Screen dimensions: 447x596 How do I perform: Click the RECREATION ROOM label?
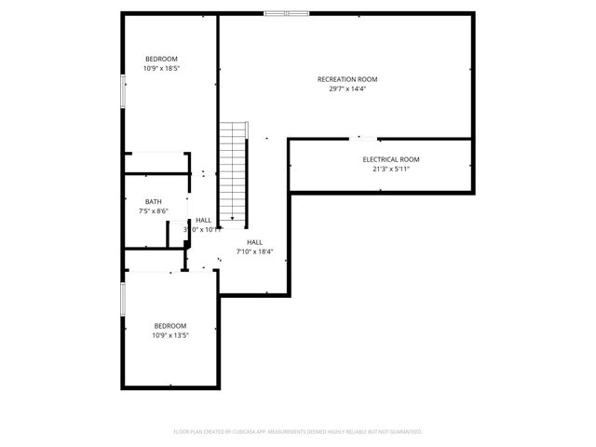(x=347, y=79)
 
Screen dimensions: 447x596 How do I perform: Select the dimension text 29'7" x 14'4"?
(x=347, y=89)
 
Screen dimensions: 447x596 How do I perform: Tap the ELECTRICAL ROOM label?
(x=391, y=159)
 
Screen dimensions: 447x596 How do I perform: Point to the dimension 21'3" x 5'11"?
(x=391, y=169)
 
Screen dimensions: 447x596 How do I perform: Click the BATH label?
(x=153, y=202)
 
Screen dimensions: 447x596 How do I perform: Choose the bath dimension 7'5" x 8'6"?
(x=153, y=211)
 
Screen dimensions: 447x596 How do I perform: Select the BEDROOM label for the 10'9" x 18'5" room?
(x=161, y=59)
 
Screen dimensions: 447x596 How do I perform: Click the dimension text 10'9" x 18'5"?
(x=161, y=68)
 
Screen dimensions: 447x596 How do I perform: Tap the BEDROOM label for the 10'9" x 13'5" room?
(x=170, y=326)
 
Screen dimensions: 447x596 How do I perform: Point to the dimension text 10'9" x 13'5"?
(x=170, y=335)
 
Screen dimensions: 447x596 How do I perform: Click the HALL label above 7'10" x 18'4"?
(x=254, y=242)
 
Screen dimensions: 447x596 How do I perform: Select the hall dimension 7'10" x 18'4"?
(x=254, y=251)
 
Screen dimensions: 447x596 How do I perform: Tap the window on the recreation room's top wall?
(x=286, y=13)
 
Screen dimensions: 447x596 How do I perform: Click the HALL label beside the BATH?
(x=203, y=220)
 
